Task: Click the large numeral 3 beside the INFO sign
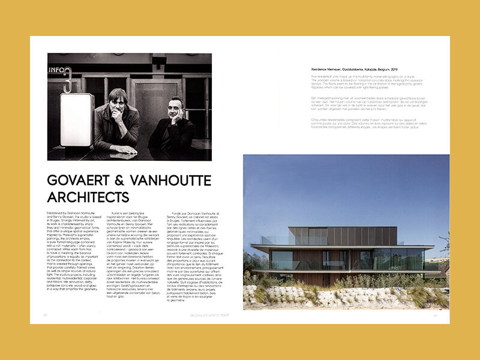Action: click(67, 82)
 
